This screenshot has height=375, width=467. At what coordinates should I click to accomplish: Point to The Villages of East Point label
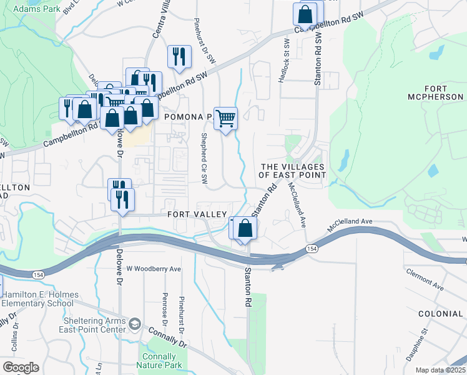[293, 171]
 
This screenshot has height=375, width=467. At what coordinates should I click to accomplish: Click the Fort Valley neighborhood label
[197, 214]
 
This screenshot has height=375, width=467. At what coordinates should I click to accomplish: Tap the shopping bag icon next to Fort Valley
[246, 229]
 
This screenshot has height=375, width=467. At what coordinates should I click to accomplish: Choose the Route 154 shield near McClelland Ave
[310, 249]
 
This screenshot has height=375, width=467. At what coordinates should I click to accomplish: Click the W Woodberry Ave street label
[154, 269]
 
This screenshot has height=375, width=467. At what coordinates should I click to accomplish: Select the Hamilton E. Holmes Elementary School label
[41, 299]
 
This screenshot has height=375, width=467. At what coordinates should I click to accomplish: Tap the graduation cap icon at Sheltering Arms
[135, 324]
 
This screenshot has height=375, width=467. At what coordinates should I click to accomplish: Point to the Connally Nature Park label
[159, 361]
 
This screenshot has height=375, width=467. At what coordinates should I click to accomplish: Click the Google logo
[21, 367]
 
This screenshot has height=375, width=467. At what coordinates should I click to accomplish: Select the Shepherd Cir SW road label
[204, 158]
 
